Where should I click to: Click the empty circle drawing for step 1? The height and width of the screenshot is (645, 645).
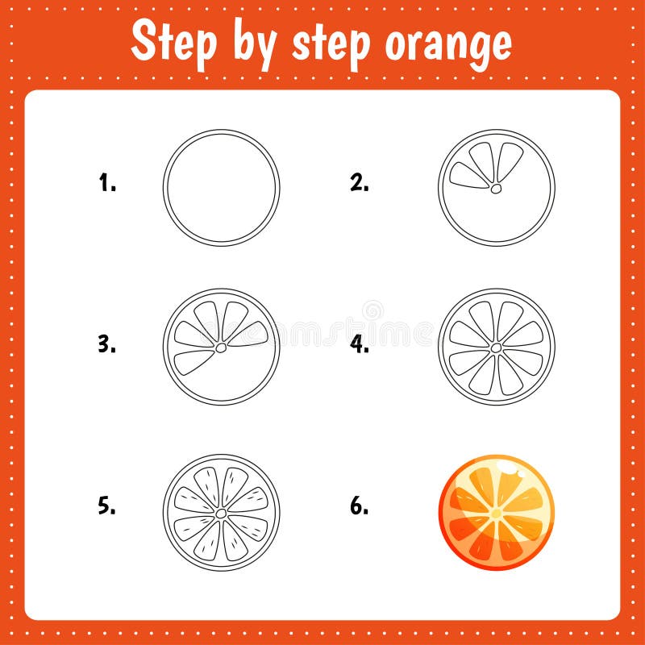click(221, 187)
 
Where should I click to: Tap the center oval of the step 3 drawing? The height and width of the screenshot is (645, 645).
click(220, 347)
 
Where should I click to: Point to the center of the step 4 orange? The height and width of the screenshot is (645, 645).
click(497, 347)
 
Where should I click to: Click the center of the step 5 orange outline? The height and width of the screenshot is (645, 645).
click(220, 512)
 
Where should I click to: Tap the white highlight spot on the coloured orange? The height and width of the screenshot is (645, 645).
click(508, 467)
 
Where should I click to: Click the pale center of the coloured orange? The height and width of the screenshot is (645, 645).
click(496, 513)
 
